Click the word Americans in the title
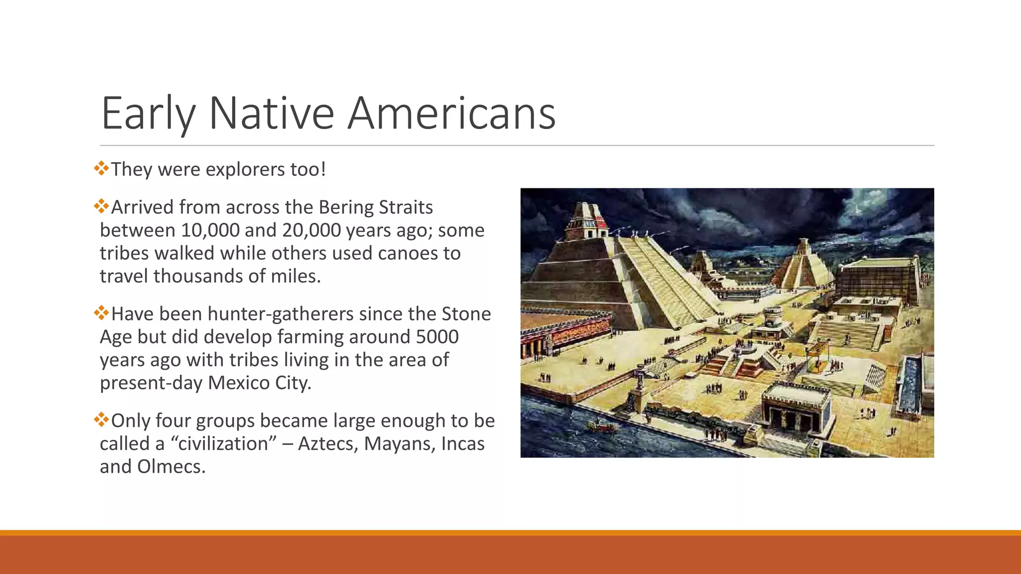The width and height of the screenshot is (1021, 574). (451, 114)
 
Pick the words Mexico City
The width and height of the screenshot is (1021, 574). (259, 383)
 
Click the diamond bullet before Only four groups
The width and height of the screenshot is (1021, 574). (101, 420)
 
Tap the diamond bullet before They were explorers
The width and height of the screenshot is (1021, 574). (101, 168)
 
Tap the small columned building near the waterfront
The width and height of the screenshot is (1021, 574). (797, 408)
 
